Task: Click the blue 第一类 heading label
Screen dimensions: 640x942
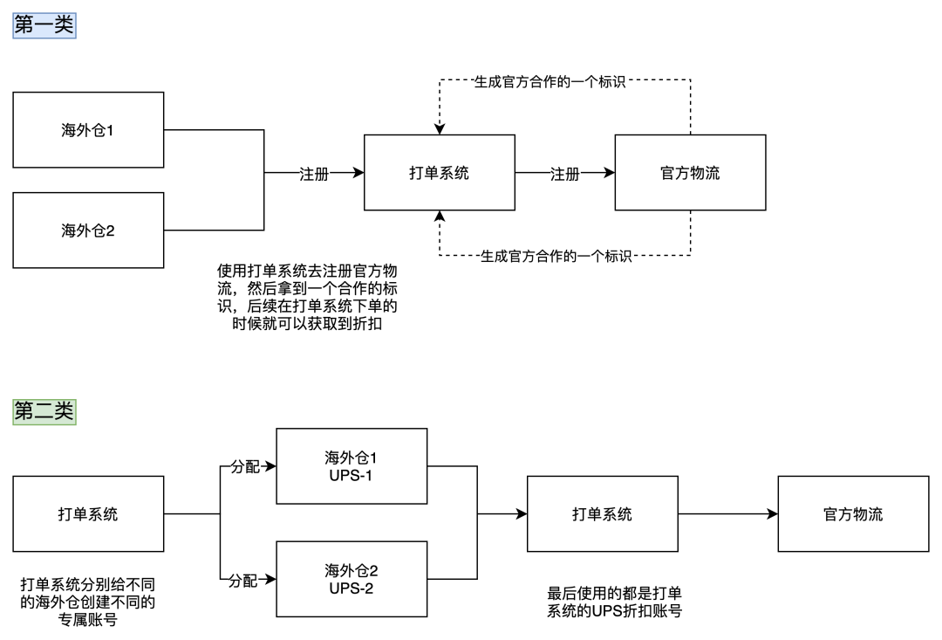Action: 44,25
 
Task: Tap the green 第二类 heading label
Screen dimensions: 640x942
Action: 44,411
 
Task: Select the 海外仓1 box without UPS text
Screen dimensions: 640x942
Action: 88,130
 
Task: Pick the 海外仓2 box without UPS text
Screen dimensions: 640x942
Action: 88,231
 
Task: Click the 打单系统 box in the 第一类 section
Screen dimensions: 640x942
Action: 439,173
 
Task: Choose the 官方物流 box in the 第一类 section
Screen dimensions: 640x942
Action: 690,173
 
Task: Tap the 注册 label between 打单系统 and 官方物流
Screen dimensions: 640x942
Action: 564,174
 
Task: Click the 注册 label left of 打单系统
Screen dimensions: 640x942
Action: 314,174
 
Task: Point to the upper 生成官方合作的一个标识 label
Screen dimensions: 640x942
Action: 549,82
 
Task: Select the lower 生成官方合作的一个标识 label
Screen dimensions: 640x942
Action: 556,257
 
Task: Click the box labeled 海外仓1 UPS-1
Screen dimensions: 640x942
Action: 352,466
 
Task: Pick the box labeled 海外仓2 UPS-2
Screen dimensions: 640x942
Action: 352,579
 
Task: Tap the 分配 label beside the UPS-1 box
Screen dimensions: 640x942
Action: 245,467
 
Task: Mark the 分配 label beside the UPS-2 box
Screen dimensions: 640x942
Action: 243,581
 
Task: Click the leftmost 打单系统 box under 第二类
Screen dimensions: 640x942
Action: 88,513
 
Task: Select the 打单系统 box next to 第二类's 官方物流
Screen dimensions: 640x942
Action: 602,513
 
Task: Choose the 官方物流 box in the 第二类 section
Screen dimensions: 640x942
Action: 853,513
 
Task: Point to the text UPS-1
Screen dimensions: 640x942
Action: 351,476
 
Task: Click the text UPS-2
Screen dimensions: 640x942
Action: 351,588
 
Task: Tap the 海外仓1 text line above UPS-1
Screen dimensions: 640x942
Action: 351,458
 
